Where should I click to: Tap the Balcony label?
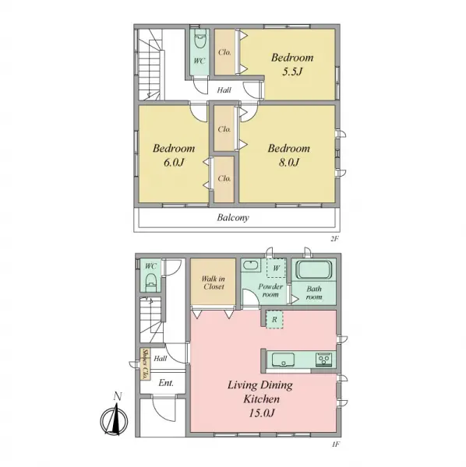click(233, 218)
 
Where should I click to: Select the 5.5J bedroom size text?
click(292, 72)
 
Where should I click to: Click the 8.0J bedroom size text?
click(289, 163)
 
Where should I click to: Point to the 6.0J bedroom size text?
click(174, 163)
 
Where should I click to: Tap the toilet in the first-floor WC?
click(151, 282)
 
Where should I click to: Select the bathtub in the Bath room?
click(313, 270)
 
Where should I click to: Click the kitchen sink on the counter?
click(283, 360)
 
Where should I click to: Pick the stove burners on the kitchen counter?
click(323, 360)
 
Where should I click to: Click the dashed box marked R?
click(274, 320)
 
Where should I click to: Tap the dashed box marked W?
click(276, 268)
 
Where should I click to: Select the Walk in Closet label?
click(214, 283)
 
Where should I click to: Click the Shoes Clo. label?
click(146, 363)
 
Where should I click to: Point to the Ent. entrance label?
click(166, 383)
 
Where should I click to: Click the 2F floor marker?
click(335, 239)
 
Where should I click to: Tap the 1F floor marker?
click(336, 444)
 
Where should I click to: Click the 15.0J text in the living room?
click(261, 413)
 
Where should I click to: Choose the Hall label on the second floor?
click(224, 90)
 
